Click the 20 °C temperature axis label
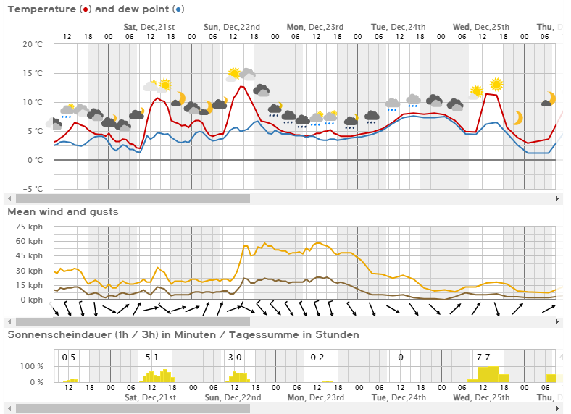[x=33, y=44]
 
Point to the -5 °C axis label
[x=33, y=189]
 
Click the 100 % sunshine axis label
[x=32, y=366]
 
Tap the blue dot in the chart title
[x=178, y=9]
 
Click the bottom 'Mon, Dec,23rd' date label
[x=315, y=397]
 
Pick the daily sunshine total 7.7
[x=484, y=358]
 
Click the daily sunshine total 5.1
[x=152, y=358]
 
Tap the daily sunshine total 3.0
[x=235, y=358]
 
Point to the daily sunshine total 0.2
[x=317, y=358]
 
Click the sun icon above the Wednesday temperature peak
[x=496, y=85]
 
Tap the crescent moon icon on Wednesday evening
[x=517, y=118]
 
